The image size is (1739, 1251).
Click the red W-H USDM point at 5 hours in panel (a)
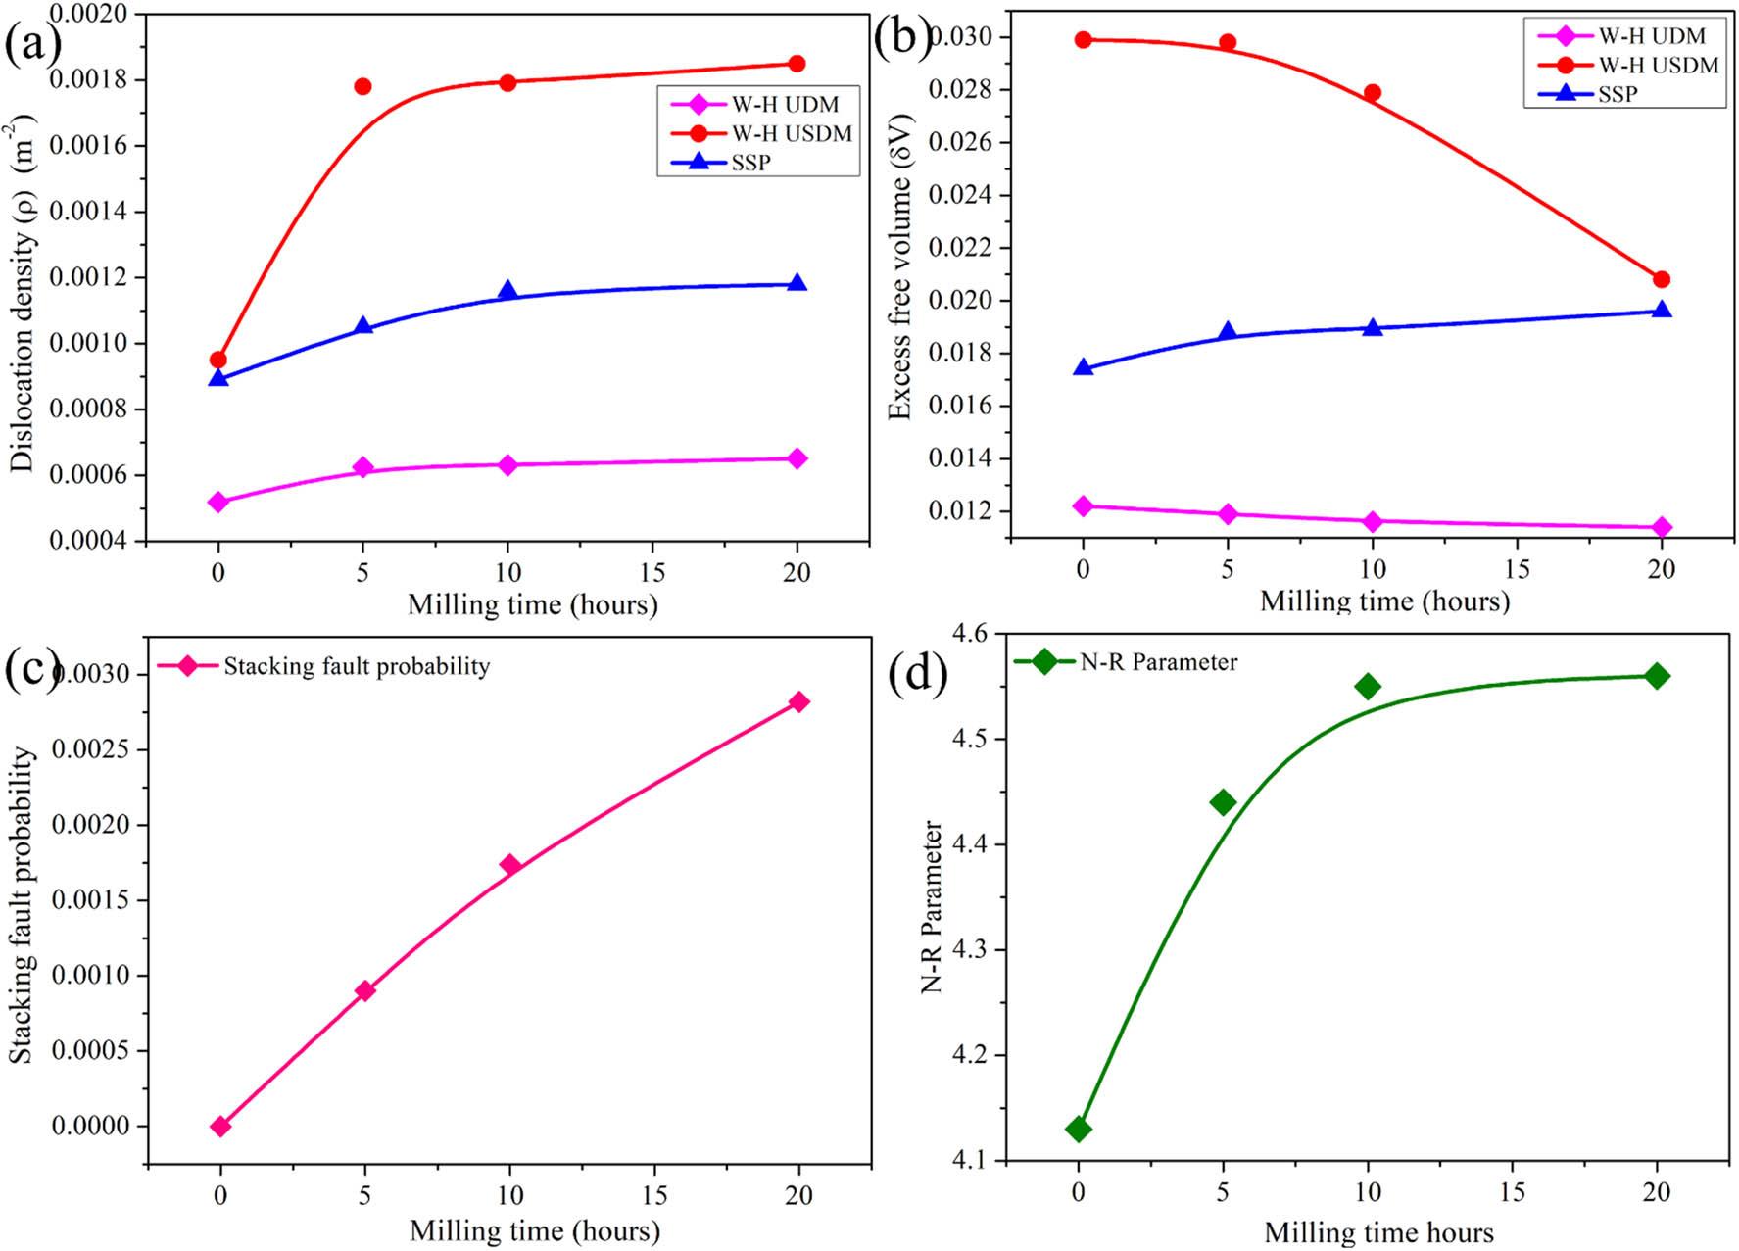pyautogui.click(x=362, y=86)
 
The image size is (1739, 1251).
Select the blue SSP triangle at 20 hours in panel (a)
pyautogui.click(x=797, y=283)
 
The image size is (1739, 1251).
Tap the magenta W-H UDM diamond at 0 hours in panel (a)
pyautogui.click(x=218, y=502)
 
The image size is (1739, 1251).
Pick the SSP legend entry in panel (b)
pyautogui.click(x=1617, y=94)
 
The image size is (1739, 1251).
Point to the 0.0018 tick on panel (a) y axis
pyautogui.click(x=94, y=79)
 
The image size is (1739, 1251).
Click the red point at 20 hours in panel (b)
pyautogui.click(x=1661, y=279)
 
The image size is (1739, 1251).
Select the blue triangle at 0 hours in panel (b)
pyautogui.click(x=1083, y=367)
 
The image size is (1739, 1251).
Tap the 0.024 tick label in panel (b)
pyautogui.click(x=959, y=195)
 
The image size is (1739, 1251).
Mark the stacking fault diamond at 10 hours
pyautogui.click(x=509, y=865)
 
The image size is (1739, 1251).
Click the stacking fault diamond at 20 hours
pyautogui.click(x=798, y=701)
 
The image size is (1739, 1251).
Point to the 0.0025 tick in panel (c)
pyautogui.click(x=90, y=749)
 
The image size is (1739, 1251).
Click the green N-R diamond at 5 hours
pyautogui.click(x=1223, y=802)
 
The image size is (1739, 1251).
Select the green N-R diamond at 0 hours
pyautogui.click(x=1079, y=1129)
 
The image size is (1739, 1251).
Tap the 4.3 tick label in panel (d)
pyautogui.click(x=971, y=949)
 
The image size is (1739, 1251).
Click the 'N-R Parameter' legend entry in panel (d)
pyautogui.click(x=1157, y=662)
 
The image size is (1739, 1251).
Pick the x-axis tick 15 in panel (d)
pyautogui.click(x=1512, y=1192)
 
